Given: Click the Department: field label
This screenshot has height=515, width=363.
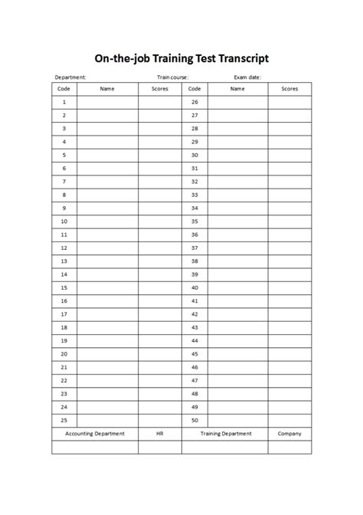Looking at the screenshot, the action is click(x=70, y=77).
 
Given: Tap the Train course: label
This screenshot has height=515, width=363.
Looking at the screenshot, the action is click(x=173, y=77).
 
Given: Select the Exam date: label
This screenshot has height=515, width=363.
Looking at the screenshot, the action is click(x=248, y=77).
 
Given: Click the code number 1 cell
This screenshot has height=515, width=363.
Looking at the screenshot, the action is click(x=64, y=102).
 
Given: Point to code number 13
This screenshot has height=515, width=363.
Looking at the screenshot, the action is click(x=64, y=261).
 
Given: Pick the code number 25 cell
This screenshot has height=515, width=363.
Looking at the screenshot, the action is click(x=64, y=420).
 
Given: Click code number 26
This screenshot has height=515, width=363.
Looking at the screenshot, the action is click(x=195, y=102).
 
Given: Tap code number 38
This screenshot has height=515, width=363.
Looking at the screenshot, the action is click(x=195, y=261).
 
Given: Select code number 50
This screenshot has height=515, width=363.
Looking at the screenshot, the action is click(x=195, y=420).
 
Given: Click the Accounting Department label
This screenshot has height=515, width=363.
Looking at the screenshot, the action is click(x=95, y=434).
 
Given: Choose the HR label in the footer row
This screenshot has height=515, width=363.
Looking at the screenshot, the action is click(x=159, y=434).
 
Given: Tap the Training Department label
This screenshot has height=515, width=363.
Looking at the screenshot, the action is click(x=226, y=434).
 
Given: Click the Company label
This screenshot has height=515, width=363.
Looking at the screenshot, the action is click(x=289, y=434).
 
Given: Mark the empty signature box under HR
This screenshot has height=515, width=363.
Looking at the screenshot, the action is click(x=159, y=447).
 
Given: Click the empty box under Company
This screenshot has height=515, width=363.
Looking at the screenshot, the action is click(x=289, y=447).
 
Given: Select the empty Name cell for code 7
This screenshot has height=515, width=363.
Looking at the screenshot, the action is click(x=107, y=182).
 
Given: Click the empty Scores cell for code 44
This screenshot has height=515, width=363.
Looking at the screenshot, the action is click(x=289, y=340).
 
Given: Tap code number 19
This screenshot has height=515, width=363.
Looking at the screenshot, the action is click(x=64, y=340).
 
